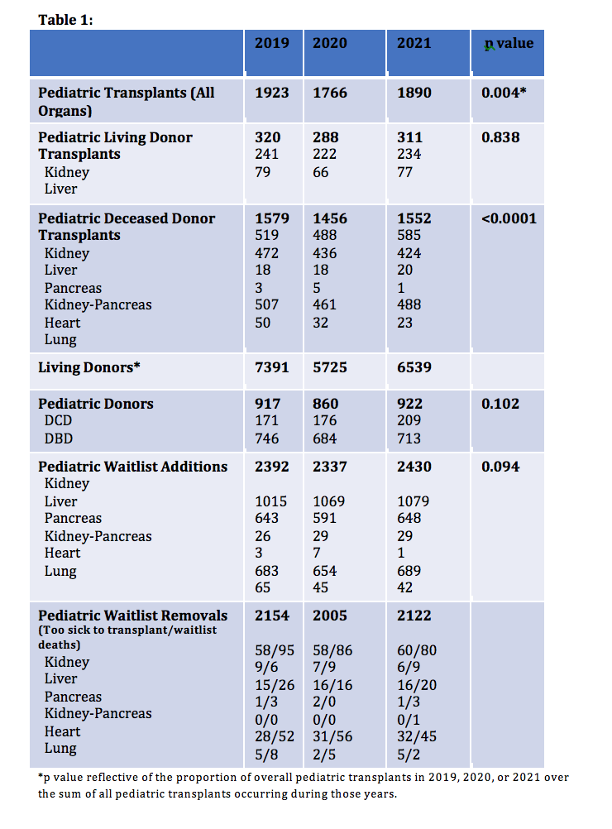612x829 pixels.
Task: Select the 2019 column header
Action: click(271, 43)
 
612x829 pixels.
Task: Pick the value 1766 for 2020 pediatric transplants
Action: click(330, 93)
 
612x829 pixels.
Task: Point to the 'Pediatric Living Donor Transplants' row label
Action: click(115, 146)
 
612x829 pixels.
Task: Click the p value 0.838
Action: click(500, 137)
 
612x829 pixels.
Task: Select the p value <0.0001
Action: click(509, 218)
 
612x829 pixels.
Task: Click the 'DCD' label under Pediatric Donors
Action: click(60, 421)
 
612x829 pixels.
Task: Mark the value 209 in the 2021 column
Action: click(409, 421)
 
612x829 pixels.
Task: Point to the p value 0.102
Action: click(500, 404)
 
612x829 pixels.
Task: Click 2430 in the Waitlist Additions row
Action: click(414, 467)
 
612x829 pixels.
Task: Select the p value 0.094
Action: click(500, 467)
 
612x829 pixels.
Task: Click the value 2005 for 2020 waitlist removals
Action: click(330, 616)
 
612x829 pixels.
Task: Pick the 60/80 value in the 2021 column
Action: click(417, 650)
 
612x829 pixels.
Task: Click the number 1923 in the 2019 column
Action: click(271, 93)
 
